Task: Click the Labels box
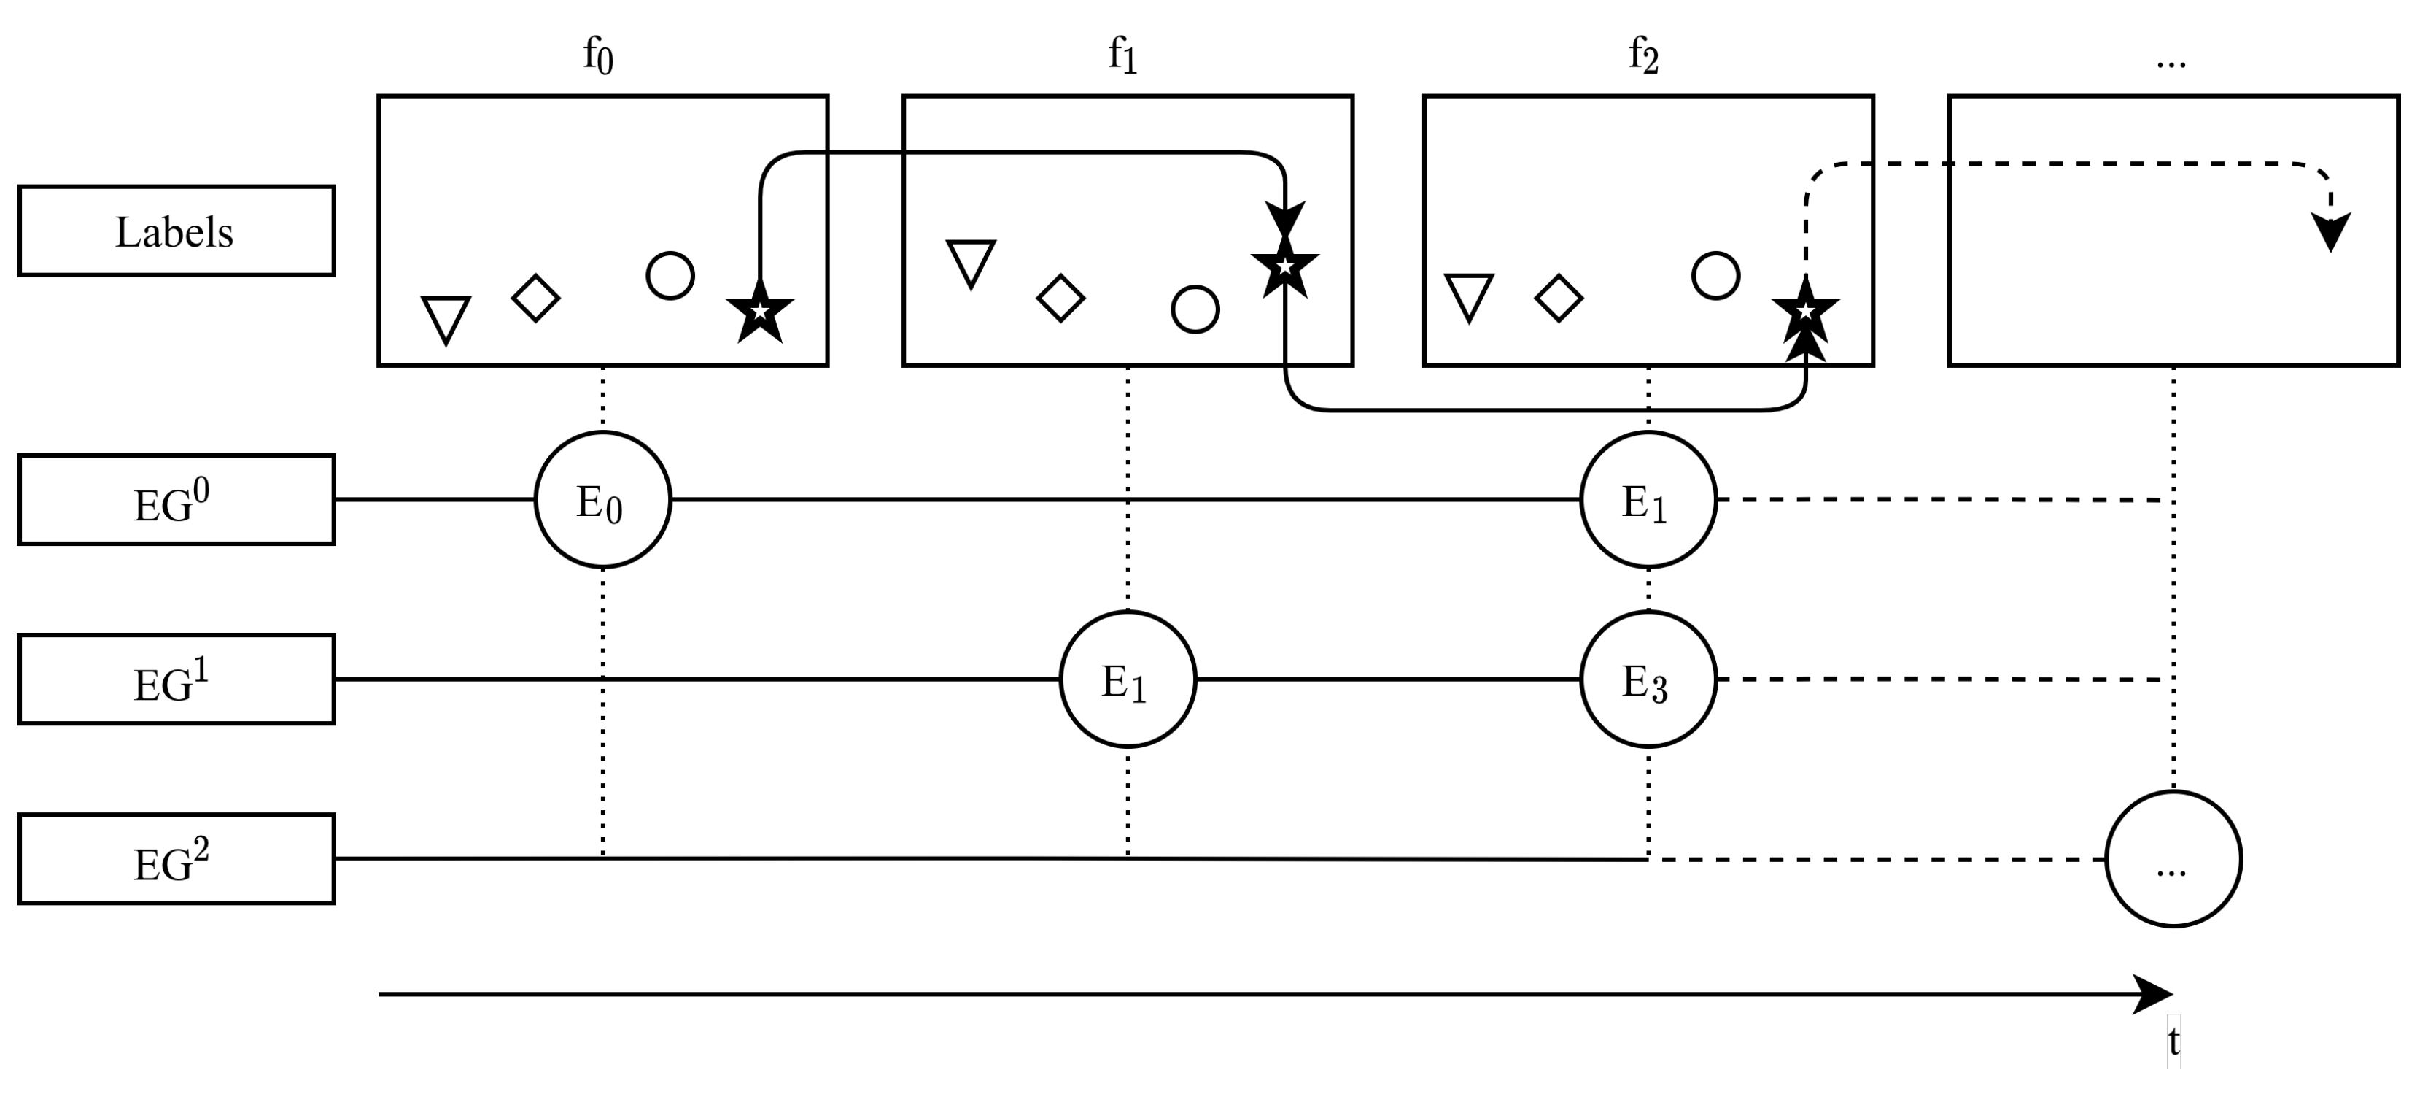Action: pyautogui.click(x=177, y=231)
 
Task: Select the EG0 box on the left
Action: pyautogui.click(x=177, y=500)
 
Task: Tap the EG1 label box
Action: pyautogui.click(x=177, y=679)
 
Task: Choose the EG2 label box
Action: pyautogui.click(x=177, y=859)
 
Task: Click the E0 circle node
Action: pyautogui.click(x=602, y=500)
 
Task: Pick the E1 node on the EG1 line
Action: pyautogui.click(x=1128, y=679)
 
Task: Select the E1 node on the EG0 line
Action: pyautogui.click(x=1648, y=500)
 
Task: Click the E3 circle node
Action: pyautogui.click(x=1648, y=679)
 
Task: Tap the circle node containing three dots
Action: pyautogui.click(x=2173, y=859)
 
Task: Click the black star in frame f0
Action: pyautogui.click(x=760, y=311)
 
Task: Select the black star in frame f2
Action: pyautogui.click(x=1805, y=311)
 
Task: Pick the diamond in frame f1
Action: pyautogui.click(x=1060, y=299)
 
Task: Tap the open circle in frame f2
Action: pyautogui.click(x=1715, y=276)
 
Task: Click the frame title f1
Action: pyautogui.click(x=1122, y=57)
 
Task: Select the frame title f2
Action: pyautogui.click(x=1643, y=57)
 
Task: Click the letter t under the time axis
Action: pyautogui.click(x=2173, y=1042)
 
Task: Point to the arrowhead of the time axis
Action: pyautogui.click(x=2157, y=995)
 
